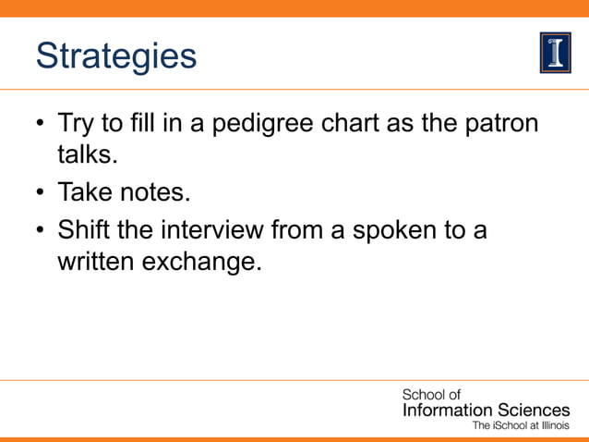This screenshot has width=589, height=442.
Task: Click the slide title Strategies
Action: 116,56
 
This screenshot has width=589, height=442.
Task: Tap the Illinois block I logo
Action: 555,53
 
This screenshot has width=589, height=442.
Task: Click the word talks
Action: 87,154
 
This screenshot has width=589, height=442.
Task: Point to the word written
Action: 96,262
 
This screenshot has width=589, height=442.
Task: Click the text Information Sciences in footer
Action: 486,410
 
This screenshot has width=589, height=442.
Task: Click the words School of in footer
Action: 431,395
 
